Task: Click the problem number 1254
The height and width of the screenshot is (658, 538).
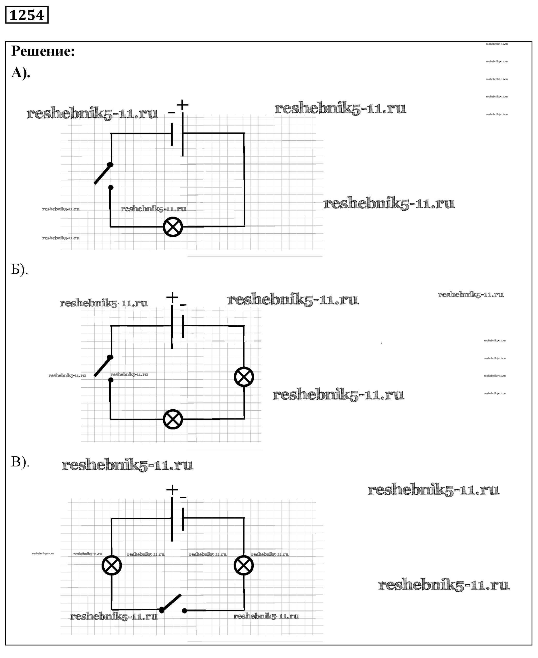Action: point(27,15)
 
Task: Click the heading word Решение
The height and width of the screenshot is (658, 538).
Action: point(43,51)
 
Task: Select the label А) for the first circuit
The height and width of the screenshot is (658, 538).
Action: point(20,73)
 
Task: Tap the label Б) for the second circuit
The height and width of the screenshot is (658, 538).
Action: point(19,269)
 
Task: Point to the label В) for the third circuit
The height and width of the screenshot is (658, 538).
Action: point(20,462)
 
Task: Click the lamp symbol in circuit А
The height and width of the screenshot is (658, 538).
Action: point(173,227)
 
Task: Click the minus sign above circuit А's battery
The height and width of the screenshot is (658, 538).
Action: point(171,113)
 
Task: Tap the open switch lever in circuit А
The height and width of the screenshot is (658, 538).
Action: point(103,174)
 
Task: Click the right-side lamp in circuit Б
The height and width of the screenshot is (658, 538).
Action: point(244,377)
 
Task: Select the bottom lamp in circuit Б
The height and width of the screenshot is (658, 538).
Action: point(173,419)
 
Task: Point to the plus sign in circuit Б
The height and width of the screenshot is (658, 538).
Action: point(172,297)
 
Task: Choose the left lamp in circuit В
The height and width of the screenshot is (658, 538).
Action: point(112,565)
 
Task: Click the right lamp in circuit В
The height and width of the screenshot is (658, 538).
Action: point(244,565)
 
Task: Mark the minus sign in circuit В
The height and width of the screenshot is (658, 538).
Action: point(183,498)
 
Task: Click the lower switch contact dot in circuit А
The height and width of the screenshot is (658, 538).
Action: point(111,188)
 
